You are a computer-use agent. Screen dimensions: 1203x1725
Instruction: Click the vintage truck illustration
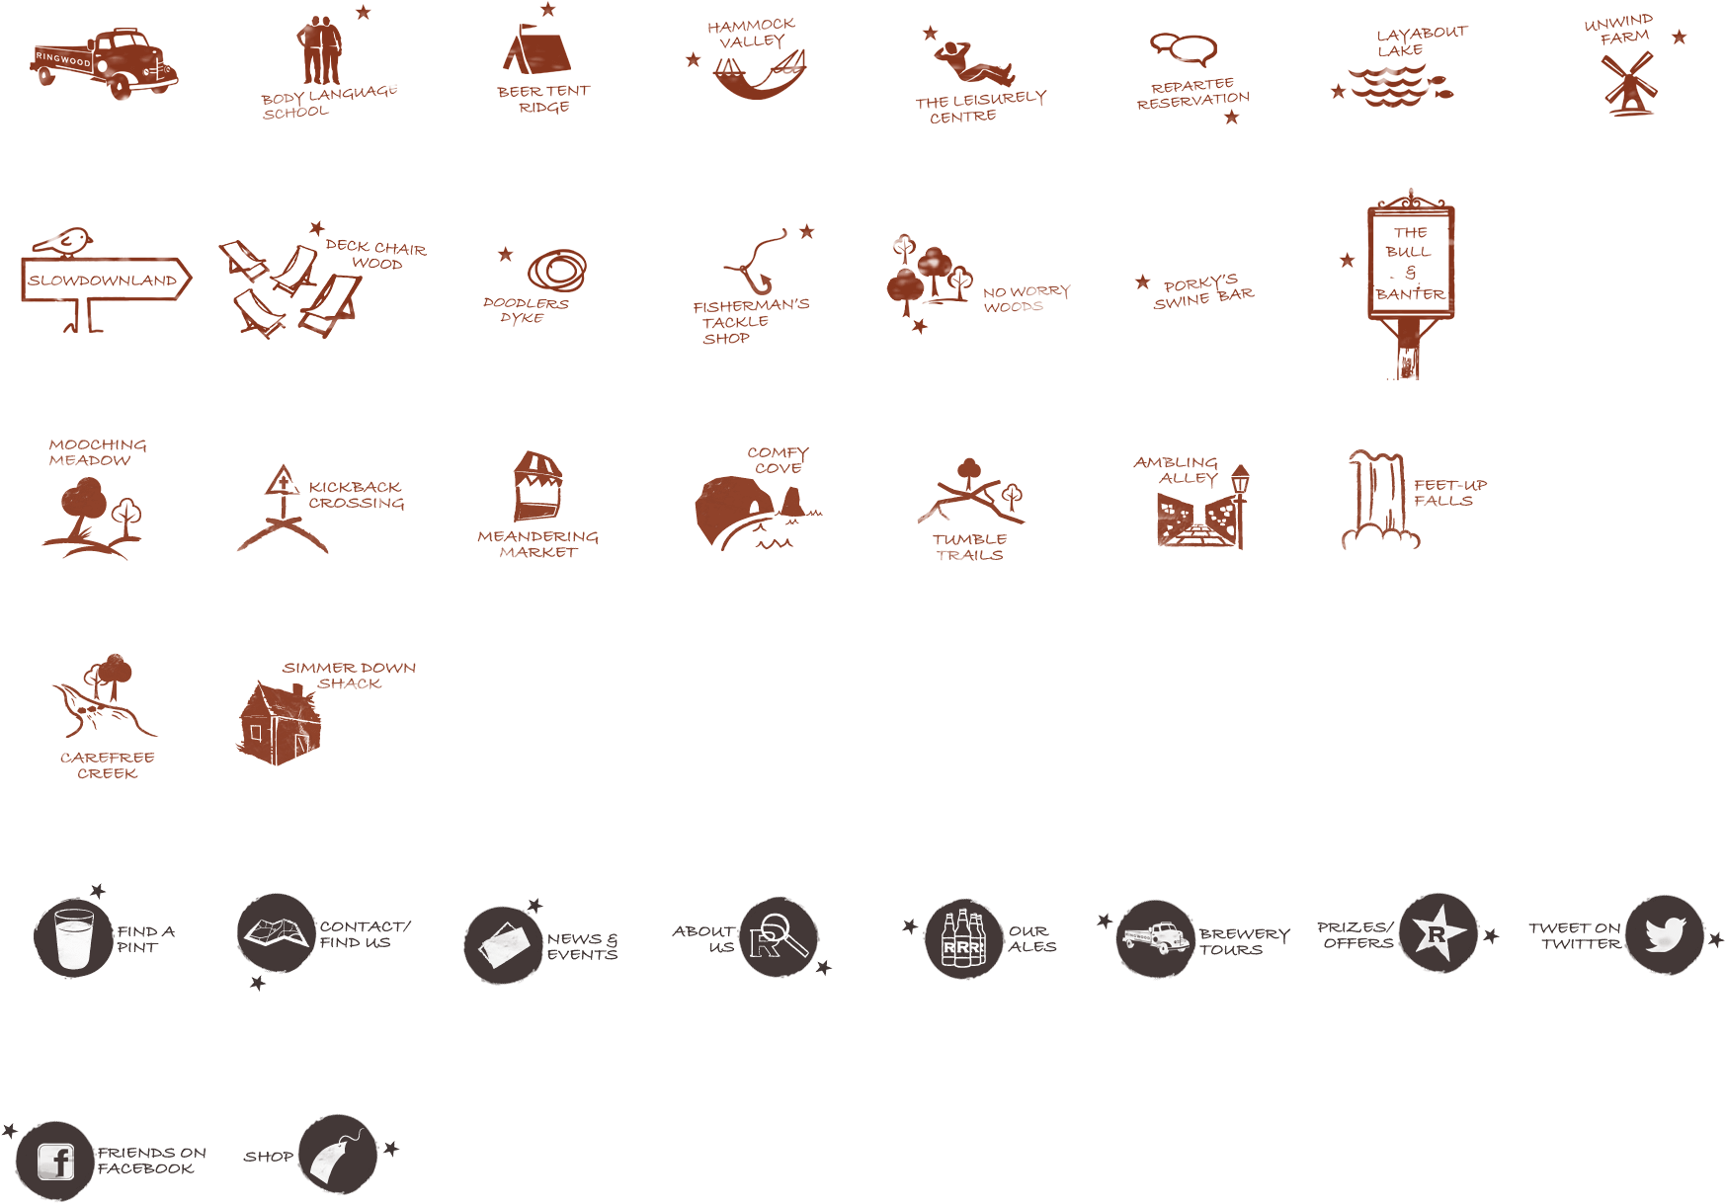(105, 64)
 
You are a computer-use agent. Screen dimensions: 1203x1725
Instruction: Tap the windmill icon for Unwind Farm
(1628, 84)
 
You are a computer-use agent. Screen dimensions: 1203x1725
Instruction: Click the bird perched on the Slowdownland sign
(63, 241)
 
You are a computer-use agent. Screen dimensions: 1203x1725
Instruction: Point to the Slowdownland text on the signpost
(103, 281)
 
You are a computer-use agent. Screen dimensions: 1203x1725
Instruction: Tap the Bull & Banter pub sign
(1410, 263)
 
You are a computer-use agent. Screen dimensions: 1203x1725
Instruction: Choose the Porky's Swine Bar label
(1202, 292)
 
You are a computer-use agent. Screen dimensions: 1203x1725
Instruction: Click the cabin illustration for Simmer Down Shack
(279, 723)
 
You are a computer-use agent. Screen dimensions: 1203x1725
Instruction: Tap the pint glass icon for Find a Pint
(73, 936)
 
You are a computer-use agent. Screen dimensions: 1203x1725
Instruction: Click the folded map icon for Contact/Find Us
(276, 932)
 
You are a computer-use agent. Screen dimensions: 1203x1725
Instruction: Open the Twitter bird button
(1665, 934)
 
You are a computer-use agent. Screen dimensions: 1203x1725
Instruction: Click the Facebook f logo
(56, 1161)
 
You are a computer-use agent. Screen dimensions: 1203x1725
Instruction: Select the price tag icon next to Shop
(336, 1154)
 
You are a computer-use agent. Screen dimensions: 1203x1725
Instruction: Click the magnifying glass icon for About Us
(779, 936)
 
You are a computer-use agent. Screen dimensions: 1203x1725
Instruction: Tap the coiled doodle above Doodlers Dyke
(557, 269)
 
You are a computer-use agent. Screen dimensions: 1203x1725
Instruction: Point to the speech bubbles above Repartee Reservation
(1183, 48)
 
